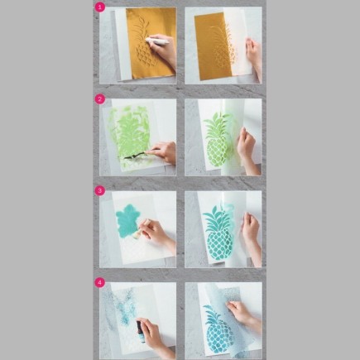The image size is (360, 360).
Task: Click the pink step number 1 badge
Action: [100, 7]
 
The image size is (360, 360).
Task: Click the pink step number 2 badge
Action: [100, 98]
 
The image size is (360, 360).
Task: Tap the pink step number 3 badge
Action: [100, 190]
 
